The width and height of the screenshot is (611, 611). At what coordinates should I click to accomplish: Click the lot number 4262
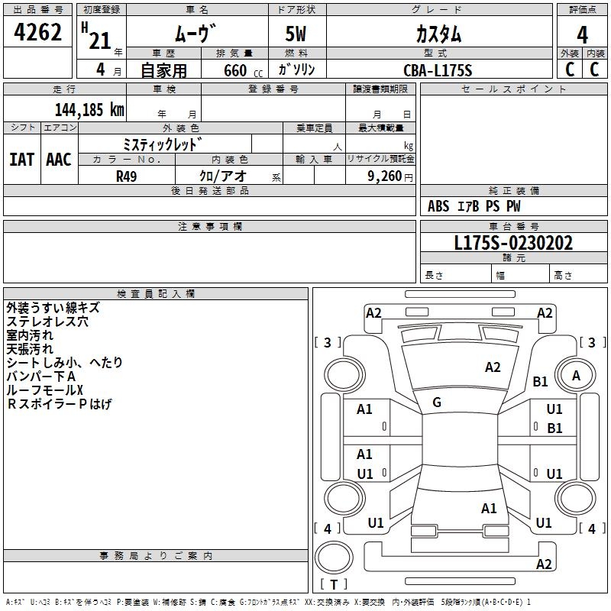point(38,34)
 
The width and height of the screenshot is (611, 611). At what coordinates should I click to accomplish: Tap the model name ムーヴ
point(196,34)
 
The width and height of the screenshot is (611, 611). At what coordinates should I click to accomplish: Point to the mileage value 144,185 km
point(89,109)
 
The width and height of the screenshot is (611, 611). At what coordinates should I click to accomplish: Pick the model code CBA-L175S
point(438,70)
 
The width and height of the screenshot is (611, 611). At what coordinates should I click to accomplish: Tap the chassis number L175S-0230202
point(513,243)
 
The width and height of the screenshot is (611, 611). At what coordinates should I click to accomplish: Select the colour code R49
point(127,176)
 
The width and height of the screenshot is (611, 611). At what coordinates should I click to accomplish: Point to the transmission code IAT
point(21,160)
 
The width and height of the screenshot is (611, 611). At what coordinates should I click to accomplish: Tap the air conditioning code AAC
point(59,160)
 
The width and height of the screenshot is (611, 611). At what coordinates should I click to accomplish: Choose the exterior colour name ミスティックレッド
point(163,144)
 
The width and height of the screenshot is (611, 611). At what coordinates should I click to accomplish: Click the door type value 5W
point(297,34)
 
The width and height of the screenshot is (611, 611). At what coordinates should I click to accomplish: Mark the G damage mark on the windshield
point(437,402)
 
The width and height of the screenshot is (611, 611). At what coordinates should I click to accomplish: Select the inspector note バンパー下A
point(41,377)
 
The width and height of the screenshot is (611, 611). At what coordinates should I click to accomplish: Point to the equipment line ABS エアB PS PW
point(474,206)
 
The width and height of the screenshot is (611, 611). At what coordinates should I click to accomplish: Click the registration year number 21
point(100,40)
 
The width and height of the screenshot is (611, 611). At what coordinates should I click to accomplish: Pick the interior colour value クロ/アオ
point(222,176)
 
